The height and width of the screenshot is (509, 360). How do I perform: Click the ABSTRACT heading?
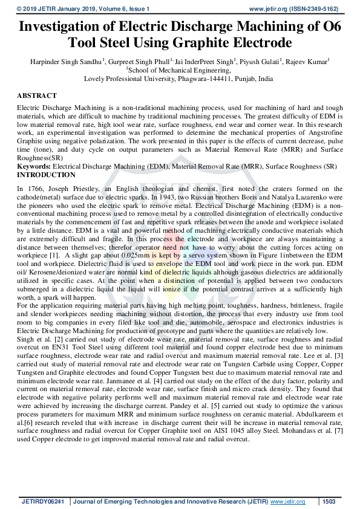[37, 96]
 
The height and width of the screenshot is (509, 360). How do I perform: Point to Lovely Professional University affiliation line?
[180, 79]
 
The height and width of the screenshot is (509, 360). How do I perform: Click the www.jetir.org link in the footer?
[287, 502]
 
